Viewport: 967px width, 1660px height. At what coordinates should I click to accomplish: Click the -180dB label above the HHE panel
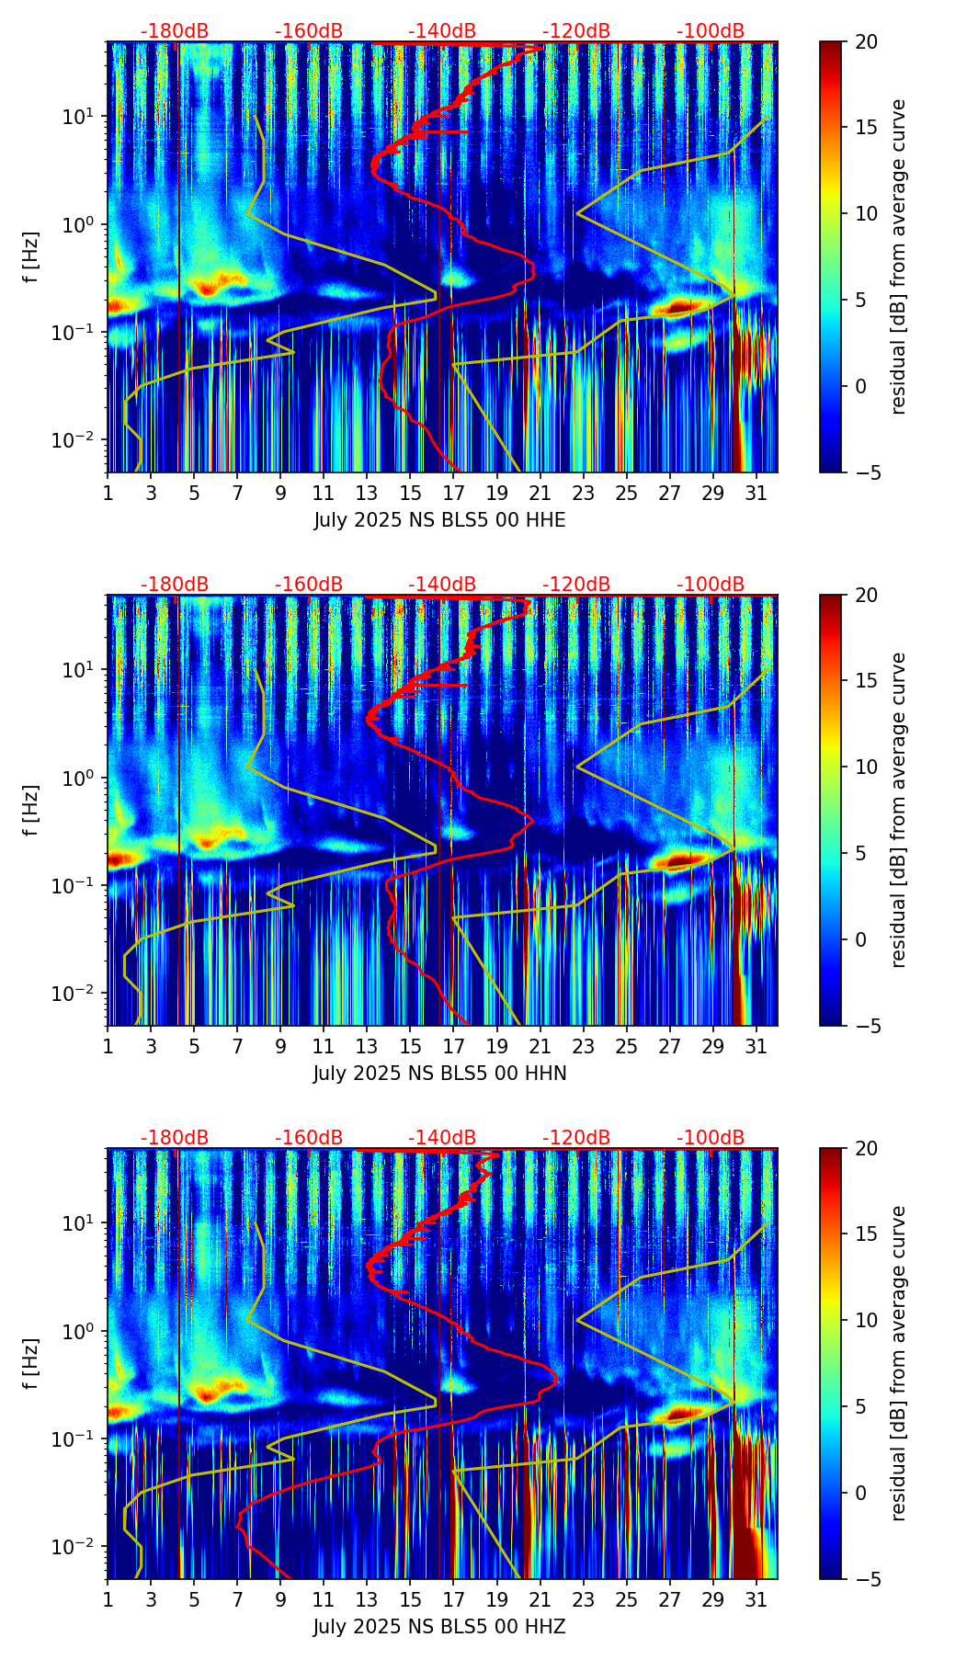[175, 31]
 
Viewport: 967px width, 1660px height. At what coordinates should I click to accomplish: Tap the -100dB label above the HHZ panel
[711, 1138]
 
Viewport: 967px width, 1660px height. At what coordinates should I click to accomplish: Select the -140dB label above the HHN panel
[442, 585]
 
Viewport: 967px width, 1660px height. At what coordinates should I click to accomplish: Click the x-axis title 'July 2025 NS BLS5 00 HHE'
[439, 520]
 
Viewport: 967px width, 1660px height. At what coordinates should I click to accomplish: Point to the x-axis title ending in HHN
[439, 1074]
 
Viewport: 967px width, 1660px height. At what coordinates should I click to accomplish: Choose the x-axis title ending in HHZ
[439, 1627]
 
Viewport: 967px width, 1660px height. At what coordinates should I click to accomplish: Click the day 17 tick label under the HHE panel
[453, 493]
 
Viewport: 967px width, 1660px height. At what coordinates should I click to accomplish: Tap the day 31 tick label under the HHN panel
[756, 1046]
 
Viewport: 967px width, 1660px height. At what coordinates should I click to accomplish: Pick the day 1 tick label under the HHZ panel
[108, 1599]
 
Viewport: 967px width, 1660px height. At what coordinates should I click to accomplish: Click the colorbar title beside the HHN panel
[899, 810]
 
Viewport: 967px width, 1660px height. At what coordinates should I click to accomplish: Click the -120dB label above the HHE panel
[576, 31]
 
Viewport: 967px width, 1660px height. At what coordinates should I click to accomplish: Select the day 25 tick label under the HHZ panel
[626, 1599]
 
